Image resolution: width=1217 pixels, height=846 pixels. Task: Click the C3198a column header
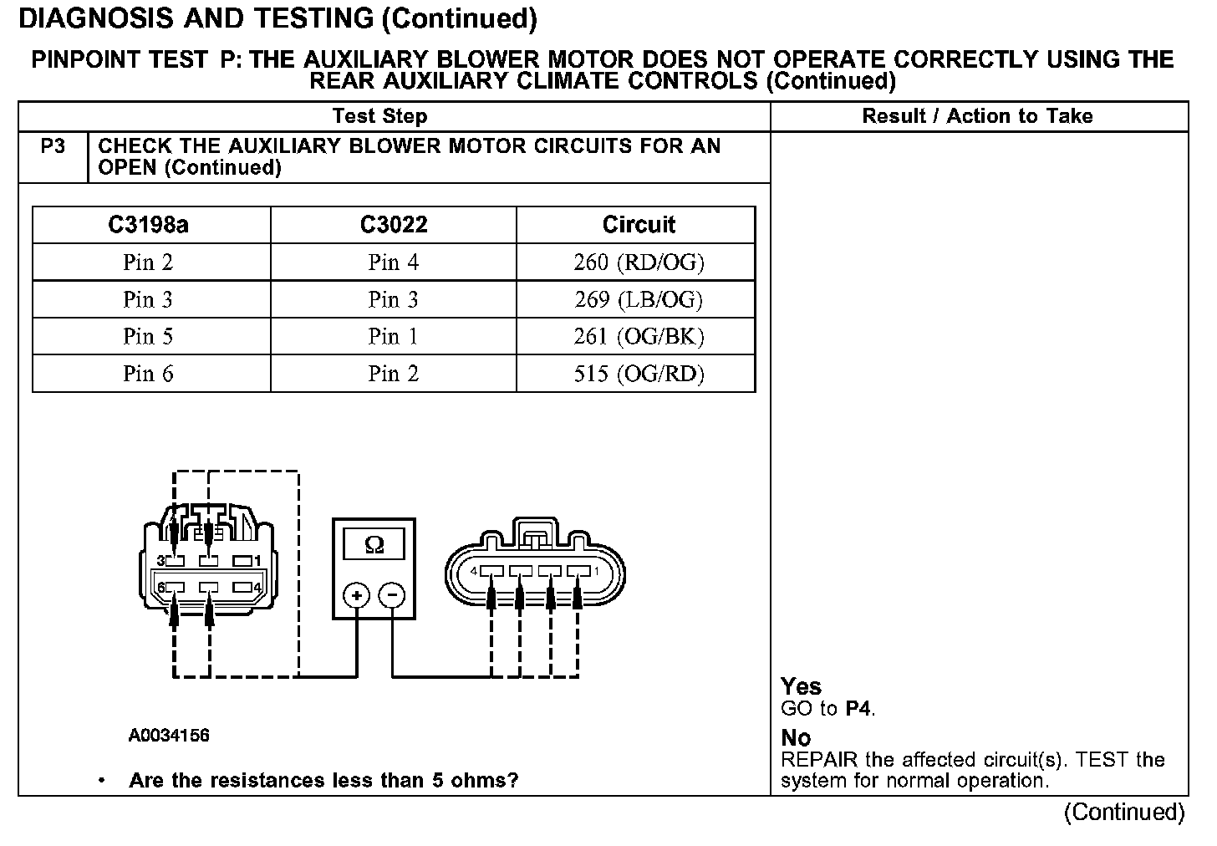pos(148,225)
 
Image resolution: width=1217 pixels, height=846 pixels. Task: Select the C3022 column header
pos(394,225)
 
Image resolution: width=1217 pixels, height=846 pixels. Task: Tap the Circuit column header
pos(639,225)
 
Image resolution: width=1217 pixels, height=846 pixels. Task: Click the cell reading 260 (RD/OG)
pos(639,262)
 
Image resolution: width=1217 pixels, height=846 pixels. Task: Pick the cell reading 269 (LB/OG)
pos(639,299)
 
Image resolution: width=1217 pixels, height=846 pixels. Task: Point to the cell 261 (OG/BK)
pos(639,336)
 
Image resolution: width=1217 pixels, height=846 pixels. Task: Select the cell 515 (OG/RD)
pos(639,374)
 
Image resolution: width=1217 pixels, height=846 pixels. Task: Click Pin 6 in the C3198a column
pos(148,374)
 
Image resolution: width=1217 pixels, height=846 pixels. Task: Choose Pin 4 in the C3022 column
pos(394,262)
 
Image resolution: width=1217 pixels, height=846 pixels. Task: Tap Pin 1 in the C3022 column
pos(394,336)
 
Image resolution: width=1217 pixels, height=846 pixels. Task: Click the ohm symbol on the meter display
pos(374,545)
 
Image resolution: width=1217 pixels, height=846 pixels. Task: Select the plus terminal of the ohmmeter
pos(357,595)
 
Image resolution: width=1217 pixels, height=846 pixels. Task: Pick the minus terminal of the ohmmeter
pos(392,595)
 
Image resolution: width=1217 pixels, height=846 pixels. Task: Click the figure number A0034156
pos(169,736)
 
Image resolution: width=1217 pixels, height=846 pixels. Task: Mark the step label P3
pos(53,147)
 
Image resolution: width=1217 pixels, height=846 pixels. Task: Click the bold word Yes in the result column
pos(801,687)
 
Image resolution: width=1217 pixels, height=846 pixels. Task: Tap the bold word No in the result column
pos(796,738)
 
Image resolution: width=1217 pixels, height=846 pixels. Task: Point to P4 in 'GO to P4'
pos(859,710)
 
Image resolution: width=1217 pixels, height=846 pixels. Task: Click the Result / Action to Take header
pos(977,116)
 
